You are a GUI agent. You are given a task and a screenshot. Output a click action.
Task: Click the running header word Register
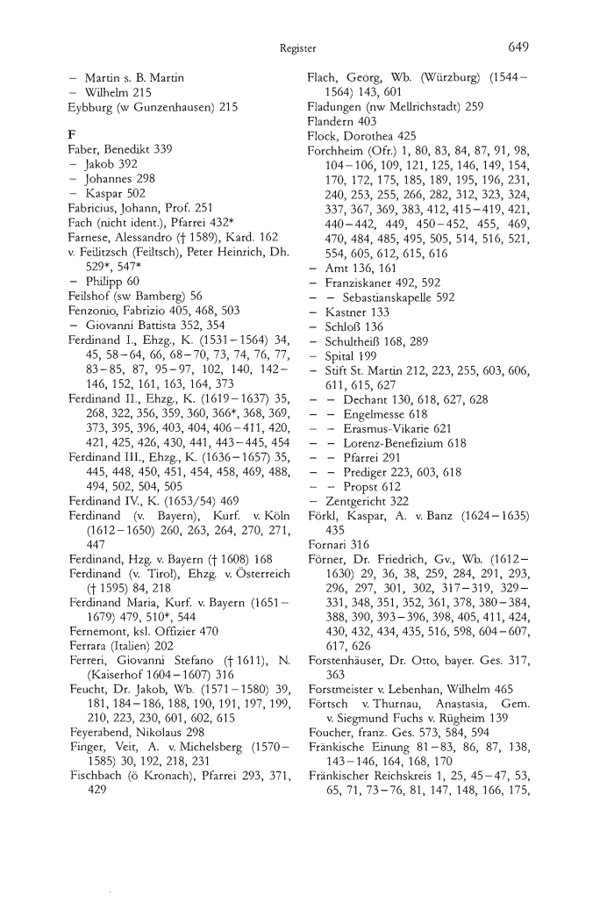point(298,47)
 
